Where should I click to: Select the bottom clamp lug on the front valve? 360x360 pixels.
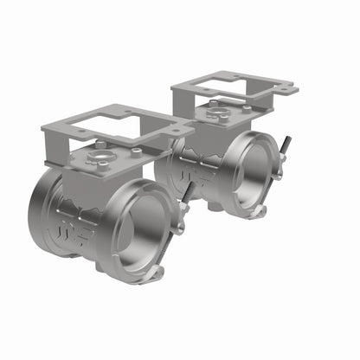coord(156,274)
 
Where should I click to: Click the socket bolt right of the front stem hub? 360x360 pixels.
coord(136,151)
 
